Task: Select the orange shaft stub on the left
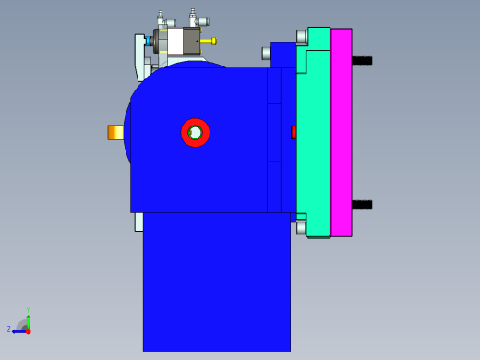click(x=115, y=132)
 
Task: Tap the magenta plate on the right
click(x=342, y=132)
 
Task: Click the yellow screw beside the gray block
click(x=209, y=41)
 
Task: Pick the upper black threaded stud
click(x=362, y=61)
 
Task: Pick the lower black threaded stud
click(x=362, y=204)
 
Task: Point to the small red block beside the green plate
click(x=294, y=132)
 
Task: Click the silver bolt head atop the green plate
click(x=302, y=37)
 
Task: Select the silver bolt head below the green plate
click(x=301, y=227)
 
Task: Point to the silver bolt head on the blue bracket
click(x=266, y=53)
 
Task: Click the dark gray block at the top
click(x=191, y=41)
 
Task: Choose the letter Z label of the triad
click(x=9, y=330)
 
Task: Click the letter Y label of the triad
click(x=28, y=310)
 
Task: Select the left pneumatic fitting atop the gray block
click(x=161, y=18)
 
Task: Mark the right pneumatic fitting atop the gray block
click(x=194, y=18)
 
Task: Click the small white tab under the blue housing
click(x=138, y=222)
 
